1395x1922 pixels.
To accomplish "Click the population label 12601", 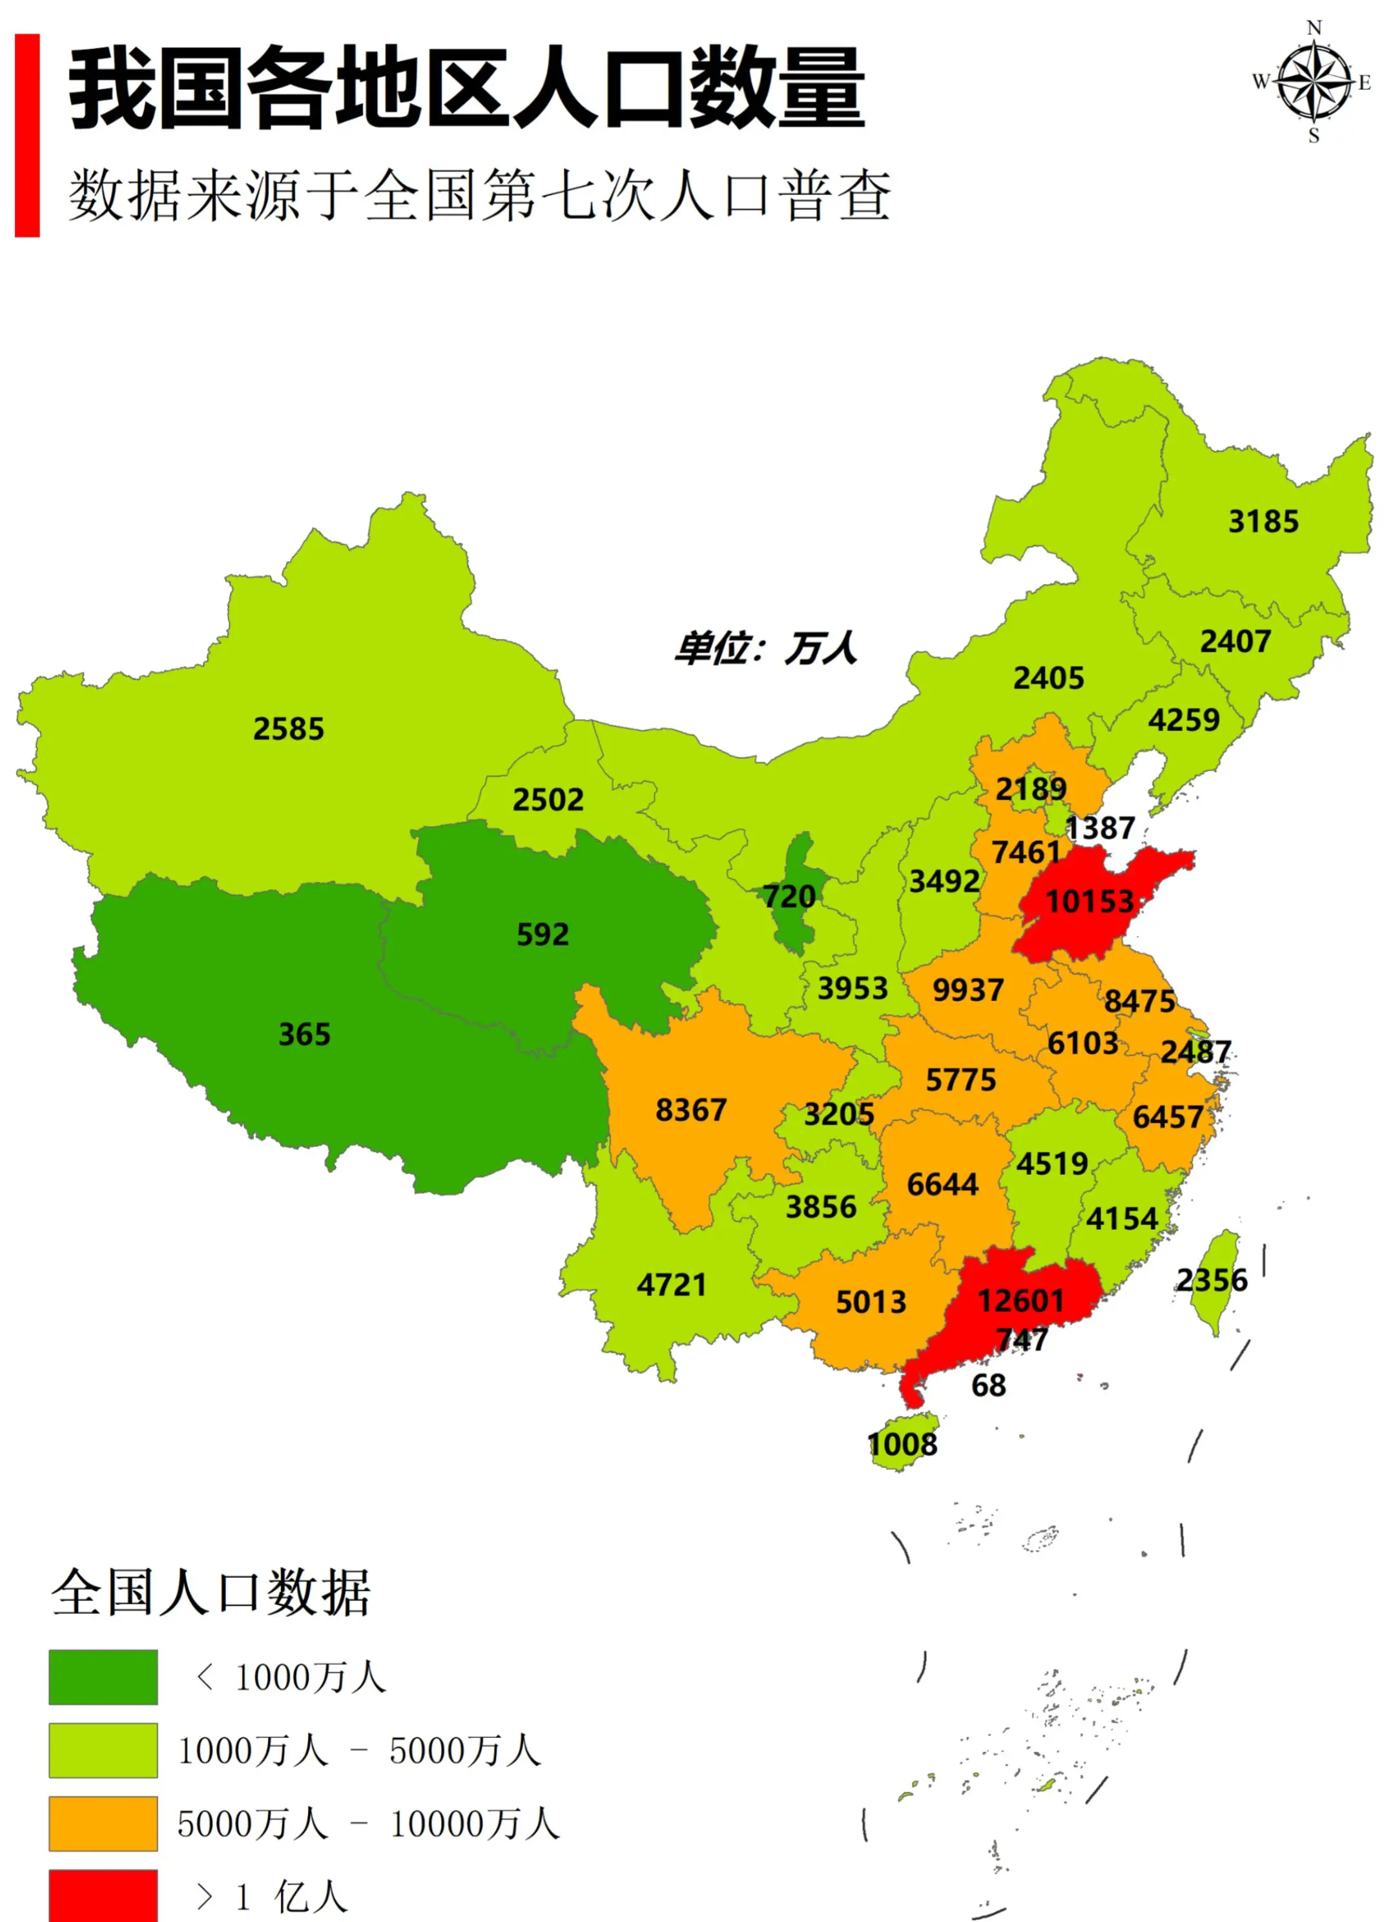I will coord(1020,1300).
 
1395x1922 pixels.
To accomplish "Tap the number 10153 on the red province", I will coord(1089,901).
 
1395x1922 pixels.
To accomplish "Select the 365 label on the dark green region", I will coord(304,1034).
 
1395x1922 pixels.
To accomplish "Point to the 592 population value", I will coord(542,934).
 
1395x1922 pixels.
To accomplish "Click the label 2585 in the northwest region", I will coord(288,728).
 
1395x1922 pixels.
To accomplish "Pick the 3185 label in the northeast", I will coord(1263,521).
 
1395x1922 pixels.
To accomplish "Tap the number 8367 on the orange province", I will coord(691,1110).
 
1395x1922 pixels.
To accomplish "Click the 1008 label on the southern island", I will coord(903,1444).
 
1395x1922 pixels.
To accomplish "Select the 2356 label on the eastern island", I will coord(1212,1279).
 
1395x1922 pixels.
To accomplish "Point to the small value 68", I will coord(988,1385).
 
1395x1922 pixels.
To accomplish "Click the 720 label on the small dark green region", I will coord(789,896).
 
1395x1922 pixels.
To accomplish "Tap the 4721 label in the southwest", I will coord(671,1285).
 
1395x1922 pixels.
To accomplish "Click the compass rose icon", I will coord(1313,82).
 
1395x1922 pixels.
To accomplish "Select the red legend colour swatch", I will coord(103,1895).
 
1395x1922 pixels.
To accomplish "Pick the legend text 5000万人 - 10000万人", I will coord(368,1824).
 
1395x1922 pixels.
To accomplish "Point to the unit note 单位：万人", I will coord(765,649).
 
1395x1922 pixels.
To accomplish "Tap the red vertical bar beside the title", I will coord(27,135).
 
